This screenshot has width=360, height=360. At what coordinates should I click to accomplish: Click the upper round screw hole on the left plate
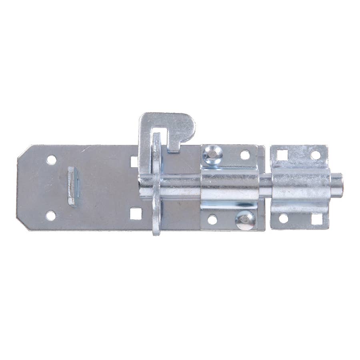[x=51, y=160]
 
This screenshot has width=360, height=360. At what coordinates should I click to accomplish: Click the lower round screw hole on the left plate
[x=51, y=216]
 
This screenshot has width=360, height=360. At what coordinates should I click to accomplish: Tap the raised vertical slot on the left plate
[x=73, y=186]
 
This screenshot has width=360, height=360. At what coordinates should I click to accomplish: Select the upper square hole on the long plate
[x=134, y=161]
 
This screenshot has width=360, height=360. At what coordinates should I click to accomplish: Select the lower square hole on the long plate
[x=136, y=214]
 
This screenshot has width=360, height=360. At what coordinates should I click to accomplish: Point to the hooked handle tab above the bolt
[x=176, y=128]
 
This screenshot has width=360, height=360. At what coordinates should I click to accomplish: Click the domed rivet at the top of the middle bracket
[x=212, y=154]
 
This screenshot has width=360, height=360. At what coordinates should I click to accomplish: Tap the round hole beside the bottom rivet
[x=212, y=220]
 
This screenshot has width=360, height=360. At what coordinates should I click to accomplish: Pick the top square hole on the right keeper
[x=283, y=154]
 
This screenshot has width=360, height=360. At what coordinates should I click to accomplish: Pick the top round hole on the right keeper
[x=316, y=155]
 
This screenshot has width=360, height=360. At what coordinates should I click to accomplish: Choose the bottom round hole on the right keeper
[x=283, y=218]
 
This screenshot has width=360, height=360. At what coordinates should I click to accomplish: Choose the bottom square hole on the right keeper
[x=316, y=219]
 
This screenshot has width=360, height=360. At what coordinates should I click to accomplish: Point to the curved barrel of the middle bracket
[x=229, y=186]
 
